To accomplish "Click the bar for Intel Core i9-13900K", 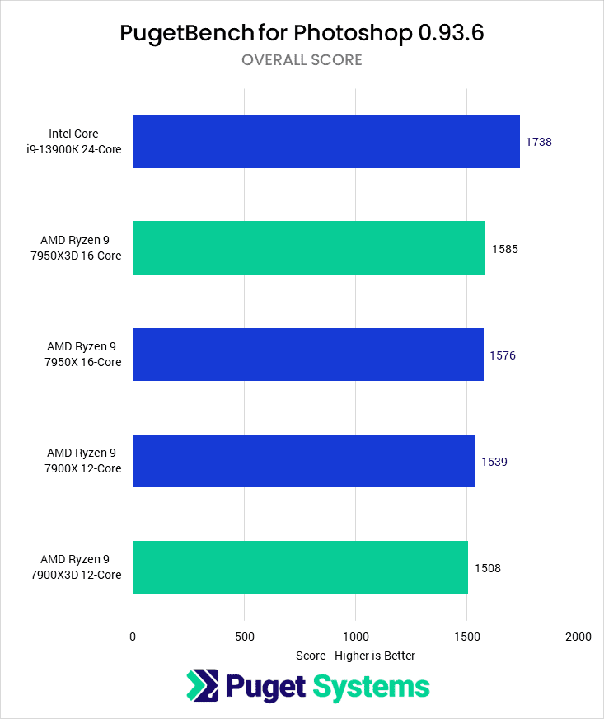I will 325,142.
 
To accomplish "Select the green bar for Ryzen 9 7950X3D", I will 308,248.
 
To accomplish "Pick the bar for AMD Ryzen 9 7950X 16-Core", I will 307,355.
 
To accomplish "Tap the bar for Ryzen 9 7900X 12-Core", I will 303,461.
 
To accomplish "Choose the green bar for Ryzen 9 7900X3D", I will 300,567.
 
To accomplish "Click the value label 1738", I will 539,142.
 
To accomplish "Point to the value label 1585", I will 504,248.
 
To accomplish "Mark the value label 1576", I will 503,355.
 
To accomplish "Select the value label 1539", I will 494,462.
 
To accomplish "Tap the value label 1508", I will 488,568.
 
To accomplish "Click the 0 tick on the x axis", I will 133,637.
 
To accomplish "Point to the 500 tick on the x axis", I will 244,637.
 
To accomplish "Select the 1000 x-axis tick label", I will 355,637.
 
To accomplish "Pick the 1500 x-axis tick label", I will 466,637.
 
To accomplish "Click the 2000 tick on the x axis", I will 578,637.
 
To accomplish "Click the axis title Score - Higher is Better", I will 355,656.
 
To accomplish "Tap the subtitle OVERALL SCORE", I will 302,60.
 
